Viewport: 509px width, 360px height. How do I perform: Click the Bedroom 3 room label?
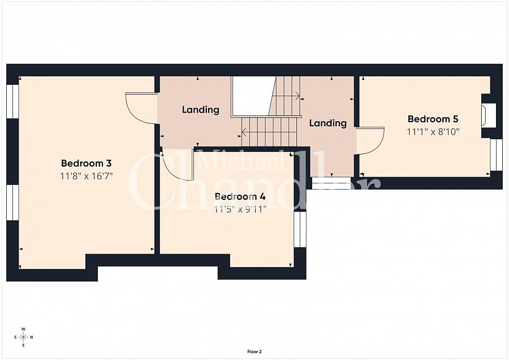(86, 163)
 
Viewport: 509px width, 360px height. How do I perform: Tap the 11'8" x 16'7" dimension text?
(86, 176)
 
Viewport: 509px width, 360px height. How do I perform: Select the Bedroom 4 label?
(240, 196)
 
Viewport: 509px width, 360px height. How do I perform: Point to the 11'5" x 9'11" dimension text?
(240, 209)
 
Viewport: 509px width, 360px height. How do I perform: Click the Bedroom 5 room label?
(433, 119)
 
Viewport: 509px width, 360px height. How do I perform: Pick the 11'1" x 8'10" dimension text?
(433, 132)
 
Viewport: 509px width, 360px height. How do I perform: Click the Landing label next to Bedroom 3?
(200, 110)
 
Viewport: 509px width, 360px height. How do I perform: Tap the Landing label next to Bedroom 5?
(328, 123)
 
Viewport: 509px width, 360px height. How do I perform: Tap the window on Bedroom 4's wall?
(300, 229)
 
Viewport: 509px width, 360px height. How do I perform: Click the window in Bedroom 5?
(496, 155)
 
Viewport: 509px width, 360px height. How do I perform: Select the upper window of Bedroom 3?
(12, 101)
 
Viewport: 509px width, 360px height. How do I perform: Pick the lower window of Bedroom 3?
(12, 203)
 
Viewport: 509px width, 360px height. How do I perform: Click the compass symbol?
(23, 337)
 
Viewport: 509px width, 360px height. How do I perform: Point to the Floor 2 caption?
(255, 352)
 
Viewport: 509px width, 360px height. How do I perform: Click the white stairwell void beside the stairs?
(252, 96)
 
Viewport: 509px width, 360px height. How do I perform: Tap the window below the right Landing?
(331, 183)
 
